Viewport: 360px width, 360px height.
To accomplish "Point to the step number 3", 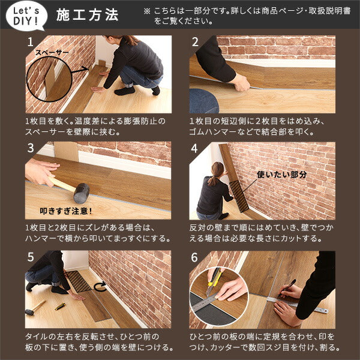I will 31,148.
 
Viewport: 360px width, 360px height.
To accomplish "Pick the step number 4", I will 195,148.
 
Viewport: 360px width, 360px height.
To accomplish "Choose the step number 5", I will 31,257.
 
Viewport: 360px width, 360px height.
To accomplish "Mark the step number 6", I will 195,257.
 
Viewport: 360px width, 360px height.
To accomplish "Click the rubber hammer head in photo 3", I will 80,192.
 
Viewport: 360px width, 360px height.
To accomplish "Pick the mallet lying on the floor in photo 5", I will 35,308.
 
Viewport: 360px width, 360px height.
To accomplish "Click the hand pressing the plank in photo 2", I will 241,83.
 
